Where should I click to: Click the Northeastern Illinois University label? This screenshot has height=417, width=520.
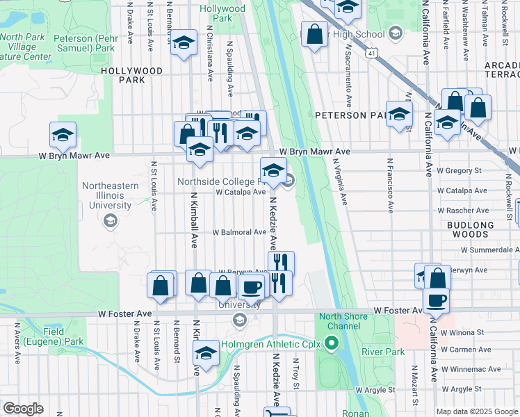click(x=106, y=196)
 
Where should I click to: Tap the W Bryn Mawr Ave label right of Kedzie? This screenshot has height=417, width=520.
click(x=314, y=152)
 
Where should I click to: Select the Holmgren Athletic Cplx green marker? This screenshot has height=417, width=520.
click(x=332, y=343)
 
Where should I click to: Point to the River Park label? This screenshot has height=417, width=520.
click(x=382, y=352)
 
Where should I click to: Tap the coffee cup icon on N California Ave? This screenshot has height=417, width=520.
click(x=436, y=300)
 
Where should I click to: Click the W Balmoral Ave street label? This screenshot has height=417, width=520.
click(x=239, y=232)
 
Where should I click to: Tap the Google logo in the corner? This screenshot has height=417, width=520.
click(x=24, y=409)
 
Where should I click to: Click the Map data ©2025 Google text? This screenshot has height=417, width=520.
click(x=477, y=411)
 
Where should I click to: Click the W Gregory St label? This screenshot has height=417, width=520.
click(x=459, y=170)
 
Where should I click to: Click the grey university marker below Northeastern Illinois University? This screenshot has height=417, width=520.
click(x=109, y=221)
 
